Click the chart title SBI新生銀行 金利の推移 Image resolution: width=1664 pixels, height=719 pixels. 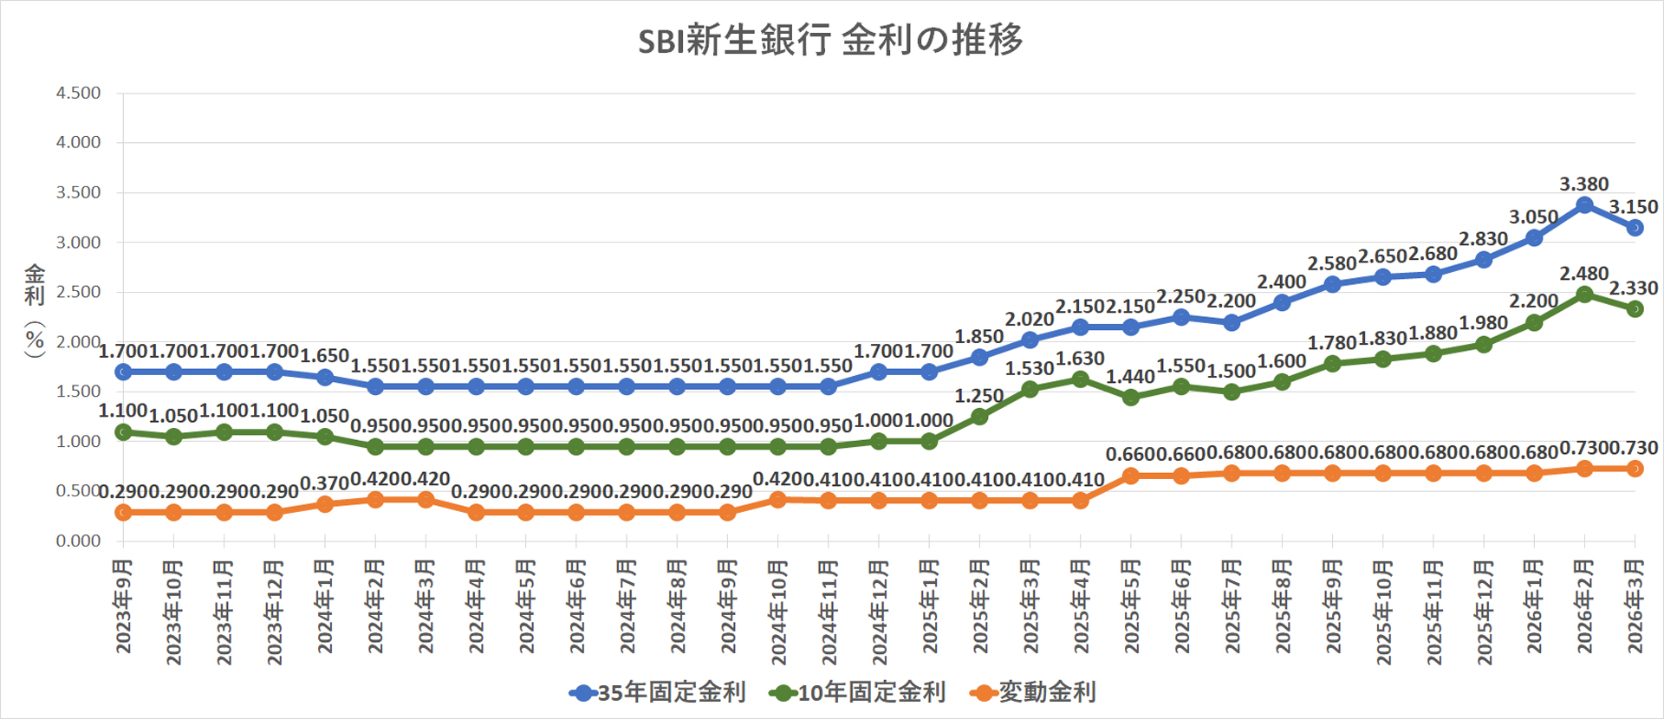point(830,41)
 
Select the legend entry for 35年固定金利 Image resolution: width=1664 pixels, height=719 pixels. point(659,692)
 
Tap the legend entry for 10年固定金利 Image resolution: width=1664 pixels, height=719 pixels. point(858,692)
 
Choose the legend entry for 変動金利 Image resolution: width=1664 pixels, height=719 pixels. point(1035,692)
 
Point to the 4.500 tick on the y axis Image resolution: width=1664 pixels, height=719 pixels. point(78,93)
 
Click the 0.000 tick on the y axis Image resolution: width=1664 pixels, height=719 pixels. point(78,541)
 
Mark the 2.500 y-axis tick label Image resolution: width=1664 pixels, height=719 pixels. point(78,292)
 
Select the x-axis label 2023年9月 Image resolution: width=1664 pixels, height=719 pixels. point(123,606)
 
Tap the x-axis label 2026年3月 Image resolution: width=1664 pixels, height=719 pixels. point(1635,606)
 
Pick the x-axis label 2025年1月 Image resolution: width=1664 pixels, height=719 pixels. point(929,606)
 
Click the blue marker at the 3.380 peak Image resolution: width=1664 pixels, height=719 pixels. point(1584,205)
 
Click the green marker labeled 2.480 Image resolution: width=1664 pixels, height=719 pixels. point(1584,295)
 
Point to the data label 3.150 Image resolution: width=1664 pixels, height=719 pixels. point(1634,207)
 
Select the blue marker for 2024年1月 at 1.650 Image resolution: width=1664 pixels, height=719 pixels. point(325,378)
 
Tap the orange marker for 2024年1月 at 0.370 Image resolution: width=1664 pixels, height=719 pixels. point(325,504)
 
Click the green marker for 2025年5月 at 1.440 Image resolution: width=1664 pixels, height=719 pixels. point(1130,398)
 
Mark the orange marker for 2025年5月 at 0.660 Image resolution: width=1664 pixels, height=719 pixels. point(1130,476)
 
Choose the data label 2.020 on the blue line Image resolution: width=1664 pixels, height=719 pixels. point(1030,320)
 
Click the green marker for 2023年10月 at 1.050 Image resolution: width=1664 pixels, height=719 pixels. point(173,437)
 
